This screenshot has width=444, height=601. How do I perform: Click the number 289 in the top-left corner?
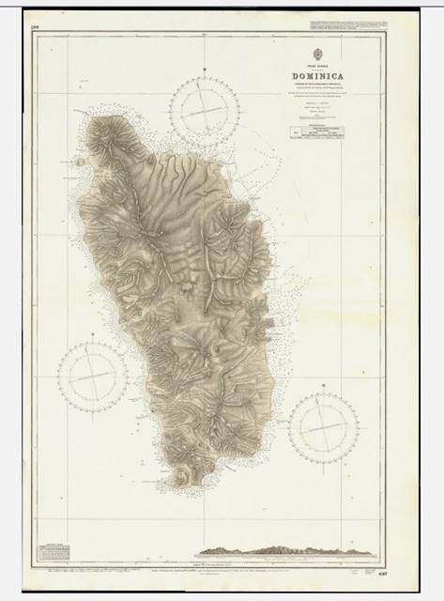[36, 27]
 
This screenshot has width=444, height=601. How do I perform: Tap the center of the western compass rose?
[93, 375]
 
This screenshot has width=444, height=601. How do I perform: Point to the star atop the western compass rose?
[93, 339]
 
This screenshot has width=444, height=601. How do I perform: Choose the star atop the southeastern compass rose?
[324, 390]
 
